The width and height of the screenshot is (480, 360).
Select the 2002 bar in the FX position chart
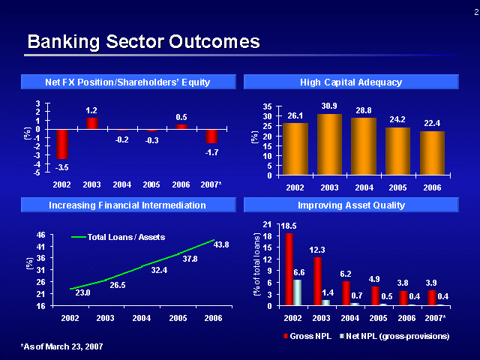tap(62, 142)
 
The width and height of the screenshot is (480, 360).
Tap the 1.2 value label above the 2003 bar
tap(91, 110)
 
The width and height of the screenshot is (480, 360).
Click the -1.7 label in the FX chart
tap(211, 152)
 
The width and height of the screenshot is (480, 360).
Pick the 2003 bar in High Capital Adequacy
tap(329, 145)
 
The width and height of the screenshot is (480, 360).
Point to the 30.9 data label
tap(329, 106)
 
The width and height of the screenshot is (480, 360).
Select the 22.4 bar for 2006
tap(432, 153)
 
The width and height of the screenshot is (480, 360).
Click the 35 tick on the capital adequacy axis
tap(266, 107)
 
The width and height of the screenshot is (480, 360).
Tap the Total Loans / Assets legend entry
tap(112, 237)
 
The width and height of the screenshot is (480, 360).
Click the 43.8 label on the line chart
tap(221, 244)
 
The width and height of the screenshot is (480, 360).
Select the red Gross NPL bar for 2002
tap(289, 269)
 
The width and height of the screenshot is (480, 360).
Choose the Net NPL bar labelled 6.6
tap(298, 292)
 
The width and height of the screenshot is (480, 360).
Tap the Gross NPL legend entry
tap(308, 335)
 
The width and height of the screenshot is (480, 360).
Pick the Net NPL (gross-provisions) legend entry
tap(393, 335)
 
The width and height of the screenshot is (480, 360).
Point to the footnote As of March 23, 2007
tap(61, 346)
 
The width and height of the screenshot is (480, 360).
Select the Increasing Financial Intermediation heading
tap(127, 205)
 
